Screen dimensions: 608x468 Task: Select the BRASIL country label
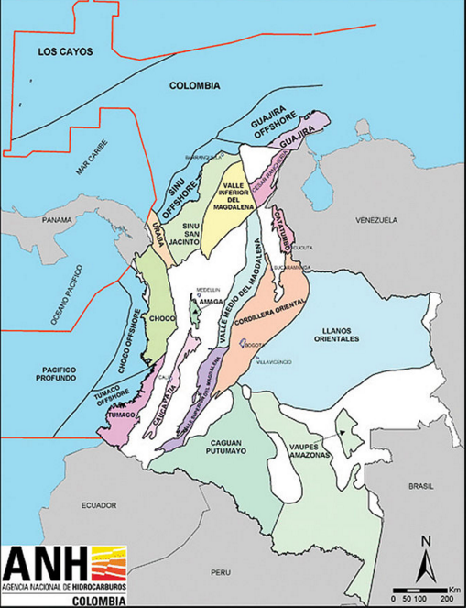422,487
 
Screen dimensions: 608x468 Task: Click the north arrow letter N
424,541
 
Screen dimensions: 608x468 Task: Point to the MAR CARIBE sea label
93,166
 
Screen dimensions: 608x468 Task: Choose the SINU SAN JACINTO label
191,234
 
